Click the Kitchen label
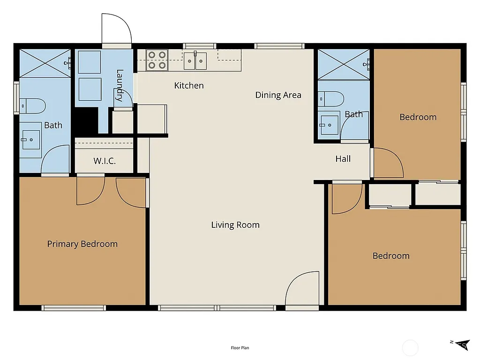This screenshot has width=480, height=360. (189, 85)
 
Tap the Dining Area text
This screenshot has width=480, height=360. (278, 95)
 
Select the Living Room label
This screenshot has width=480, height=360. (235, 225)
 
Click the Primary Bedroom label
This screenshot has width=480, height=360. (82, 244)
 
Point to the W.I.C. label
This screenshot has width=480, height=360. (104, 161)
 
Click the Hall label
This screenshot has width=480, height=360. (343, 159)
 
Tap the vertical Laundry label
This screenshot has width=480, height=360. (120, 85)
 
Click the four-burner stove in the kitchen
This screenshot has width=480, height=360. (157, 60)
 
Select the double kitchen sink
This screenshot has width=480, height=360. (195, 61)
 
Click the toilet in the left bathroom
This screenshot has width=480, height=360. (33, 105)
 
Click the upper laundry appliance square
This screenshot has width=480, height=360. (90, 62)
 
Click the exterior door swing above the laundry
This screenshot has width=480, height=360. (116, 29)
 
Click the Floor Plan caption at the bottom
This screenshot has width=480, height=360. (240, 348)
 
